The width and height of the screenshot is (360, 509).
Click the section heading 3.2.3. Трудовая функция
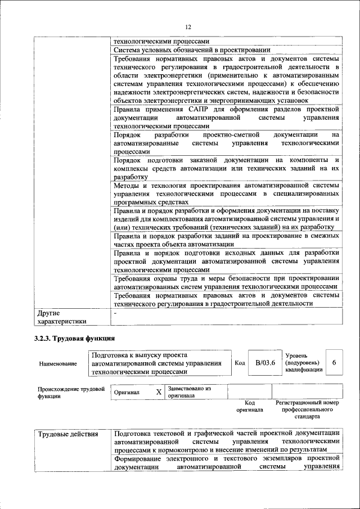74,338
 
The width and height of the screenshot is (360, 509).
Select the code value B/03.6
265,363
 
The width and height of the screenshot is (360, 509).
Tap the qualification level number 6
334,363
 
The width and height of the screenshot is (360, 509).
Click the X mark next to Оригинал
159,391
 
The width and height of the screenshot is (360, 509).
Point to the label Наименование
58,364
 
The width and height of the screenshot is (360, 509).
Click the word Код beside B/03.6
240,363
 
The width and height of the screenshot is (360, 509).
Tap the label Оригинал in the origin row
126,392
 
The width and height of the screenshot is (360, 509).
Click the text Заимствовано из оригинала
188,391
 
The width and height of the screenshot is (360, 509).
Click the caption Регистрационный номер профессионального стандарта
307,410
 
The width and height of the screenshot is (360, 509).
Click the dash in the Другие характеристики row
115,312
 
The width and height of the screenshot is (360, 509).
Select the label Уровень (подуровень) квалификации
304,363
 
